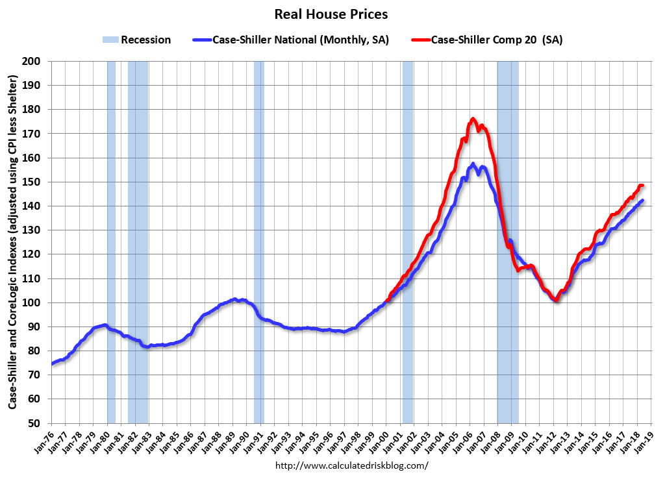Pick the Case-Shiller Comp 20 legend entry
click(x=486, y=40)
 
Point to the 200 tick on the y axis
click(x=34, y=61)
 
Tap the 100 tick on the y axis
click(x=34, y=302)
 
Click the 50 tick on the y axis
click(x=36, y=423)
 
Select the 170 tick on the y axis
click(x=34, y=134)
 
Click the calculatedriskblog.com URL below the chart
click(x=352, y=465)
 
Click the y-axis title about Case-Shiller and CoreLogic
click(x=12, y=242)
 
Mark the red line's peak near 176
click(x=473, y=119)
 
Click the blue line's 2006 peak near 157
click(x=473, y=164)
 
